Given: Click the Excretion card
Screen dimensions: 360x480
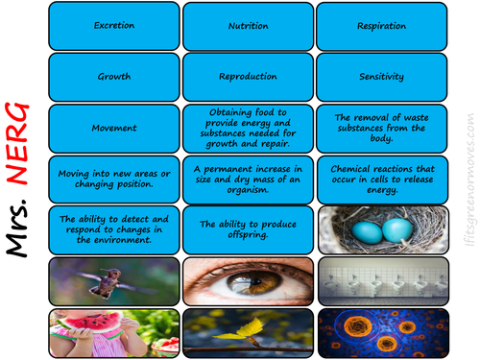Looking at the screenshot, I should [x=113, y=25].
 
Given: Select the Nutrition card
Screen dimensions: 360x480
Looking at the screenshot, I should [x=247, y=25].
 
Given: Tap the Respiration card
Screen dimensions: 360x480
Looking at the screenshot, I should [x=380, y=25].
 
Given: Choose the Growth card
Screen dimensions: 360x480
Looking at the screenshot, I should [x=113, y=76].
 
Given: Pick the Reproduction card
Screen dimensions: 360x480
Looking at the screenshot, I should [x=247, y=76].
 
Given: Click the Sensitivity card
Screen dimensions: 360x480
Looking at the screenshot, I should [x=380, y=76].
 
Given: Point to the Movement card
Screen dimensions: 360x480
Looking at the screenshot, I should [x=113, y=128].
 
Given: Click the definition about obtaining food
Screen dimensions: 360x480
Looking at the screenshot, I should [x=247, y=128].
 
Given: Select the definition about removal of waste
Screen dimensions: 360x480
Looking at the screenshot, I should [x=380, y=128].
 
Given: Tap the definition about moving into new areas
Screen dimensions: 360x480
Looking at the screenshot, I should [x=113, y=179].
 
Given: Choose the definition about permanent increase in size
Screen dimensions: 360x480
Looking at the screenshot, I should [x=247, y=179].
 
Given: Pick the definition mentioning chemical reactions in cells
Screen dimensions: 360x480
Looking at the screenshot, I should [x=380, y=179].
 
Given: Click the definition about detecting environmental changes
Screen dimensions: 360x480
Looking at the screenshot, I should [x=113, y=229].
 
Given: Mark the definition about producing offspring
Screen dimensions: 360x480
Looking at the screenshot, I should [x=247, y=229].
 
